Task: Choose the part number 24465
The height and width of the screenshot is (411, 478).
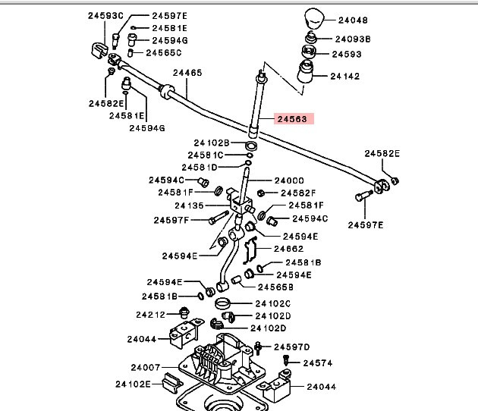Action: point(187,74)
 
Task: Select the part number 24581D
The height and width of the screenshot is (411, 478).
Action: point(199,167)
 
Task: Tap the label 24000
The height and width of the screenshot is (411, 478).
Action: point(288,180)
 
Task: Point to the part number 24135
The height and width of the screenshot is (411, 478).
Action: point(189,206)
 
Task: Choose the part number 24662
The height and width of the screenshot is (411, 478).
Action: point(288,249)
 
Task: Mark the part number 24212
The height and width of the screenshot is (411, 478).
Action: point(151,314)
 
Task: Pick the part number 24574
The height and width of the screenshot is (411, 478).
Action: point(318,363)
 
